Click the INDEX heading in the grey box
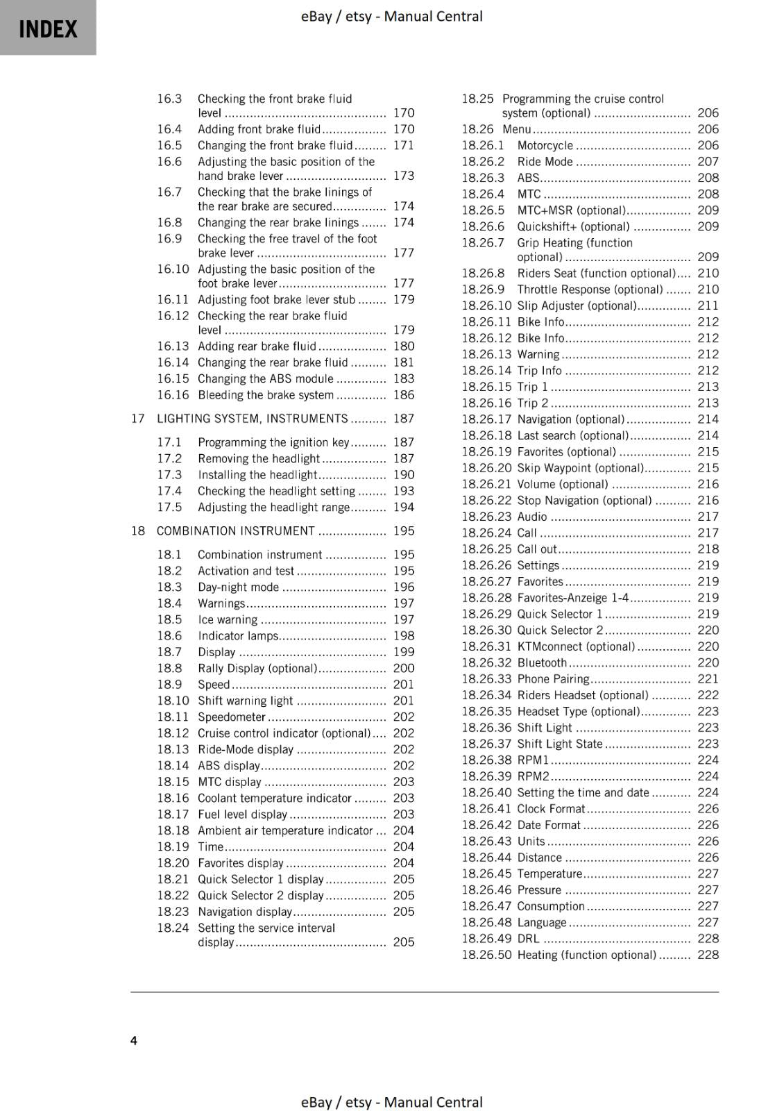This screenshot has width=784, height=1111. click(x=48, y=29)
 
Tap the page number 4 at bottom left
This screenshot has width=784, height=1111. click(x=134, y=1040)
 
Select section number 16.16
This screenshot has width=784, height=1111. click(x=173, y=395)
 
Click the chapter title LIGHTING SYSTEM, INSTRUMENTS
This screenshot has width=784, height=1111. click(x=252, y=419)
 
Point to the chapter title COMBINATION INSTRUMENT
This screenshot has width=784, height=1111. click(x=235, y=531)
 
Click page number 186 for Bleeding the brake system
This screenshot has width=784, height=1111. click(x=403, y=395)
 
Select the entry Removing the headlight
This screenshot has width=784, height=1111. click(x=258, y=459)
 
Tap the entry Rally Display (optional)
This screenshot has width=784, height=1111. click(x=257, y=669)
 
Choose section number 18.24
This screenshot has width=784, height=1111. click(x=173, y=928)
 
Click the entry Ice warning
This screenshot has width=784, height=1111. click(x=228, y=620)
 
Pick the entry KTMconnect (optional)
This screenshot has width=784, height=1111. click(x=576, y=647)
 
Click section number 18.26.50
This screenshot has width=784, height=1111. click(x=486, y=955)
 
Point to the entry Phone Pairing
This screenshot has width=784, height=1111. click(x=553, y=679)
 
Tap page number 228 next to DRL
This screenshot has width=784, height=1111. click(x=708, y=939)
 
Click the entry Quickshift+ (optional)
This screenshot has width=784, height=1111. click(x=573, y=227)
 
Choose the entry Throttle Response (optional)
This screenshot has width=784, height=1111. click(x=590, y=290)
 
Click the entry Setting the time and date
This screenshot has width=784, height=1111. click(x=583, y=793)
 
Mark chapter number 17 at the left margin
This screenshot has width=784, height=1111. click(x=138, y=419)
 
